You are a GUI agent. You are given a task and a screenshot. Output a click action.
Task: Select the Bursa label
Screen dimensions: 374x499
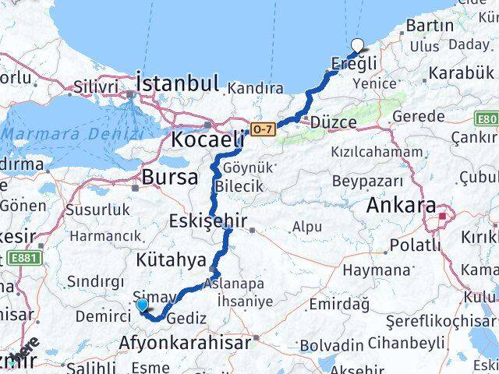point(169,177)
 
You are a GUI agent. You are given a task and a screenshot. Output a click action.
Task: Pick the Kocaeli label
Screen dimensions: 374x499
point(207,140)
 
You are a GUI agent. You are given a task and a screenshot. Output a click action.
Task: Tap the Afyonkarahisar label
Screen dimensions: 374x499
point(185,342)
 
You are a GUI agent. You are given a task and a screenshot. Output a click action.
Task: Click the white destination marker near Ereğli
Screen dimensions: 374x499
point(358,46)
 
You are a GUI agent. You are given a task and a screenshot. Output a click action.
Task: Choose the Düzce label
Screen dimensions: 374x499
point(334,123)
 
